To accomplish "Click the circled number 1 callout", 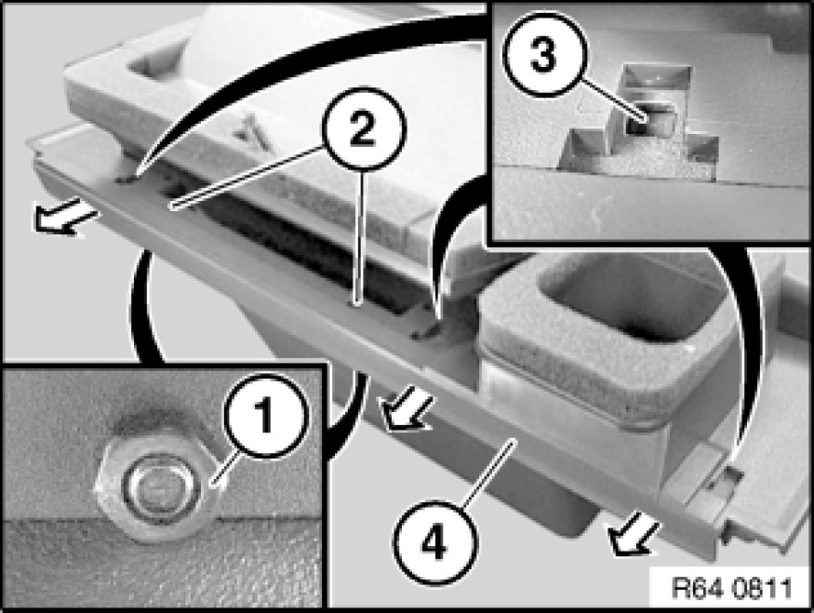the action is (266, 415).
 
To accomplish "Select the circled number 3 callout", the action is (544, 55).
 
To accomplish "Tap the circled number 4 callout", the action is (434, 543).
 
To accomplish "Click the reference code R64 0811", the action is (732, 588).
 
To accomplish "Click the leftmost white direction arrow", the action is (63, 217).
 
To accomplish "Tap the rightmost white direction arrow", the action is (633, 539).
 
